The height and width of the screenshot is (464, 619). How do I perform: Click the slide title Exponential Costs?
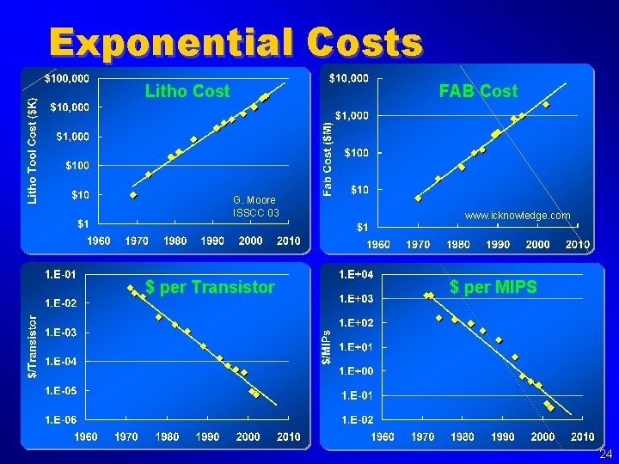click(x=236, y=42)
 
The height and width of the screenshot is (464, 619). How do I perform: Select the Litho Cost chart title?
click(x=187, y=91)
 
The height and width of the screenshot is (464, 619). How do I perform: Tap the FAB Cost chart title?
click(x=478, y=91)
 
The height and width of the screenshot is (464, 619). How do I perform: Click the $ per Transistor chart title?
click(x=210, y=287)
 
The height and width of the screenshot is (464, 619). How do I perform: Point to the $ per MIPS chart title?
click(x=493, y=287)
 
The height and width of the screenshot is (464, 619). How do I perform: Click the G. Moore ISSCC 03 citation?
click(x=255, y=206)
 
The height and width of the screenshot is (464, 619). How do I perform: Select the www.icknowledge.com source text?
click(x=517, y=216)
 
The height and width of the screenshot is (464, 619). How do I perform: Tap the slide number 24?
click(x=605, y=454)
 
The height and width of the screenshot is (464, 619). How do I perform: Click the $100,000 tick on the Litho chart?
click(x=66, y=78)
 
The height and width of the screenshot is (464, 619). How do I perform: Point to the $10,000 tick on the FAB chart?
click(x=349, y=78)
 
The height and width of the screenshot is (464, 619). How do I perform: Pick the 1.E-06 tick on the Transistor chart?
click(x=60, y=419)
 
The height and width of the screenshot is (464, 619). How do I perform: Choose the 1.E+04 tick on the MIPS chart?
click(x=356, y=274)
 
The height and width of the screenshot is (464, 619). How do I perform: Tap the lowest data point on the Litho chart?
click(x=133, y=195)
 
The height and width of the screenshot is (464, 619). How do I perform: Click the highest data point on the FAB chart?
click(x=546, y=105)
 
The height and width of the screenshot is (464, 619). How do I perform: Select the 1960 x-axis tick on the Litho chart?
click(x=99, y=241)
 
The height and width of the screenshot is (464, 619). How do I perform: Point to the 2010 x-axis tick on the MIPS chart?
click(x=582, y=437)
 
